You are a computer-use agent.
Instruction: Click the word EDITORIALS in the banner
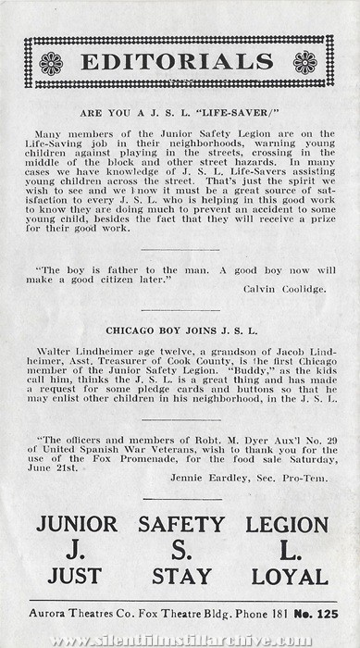point(178,62)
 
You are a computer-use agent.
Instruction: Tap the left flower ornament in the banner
point(51,63)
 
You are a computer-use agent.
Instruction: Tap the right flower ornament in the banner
point(304,63)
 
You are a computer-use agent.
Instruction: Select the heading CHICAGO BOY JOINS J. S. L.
point(180,330)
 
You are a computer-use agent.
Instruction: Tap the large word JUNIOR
point(77,523)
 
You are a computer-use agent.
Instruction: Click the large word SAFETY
point(181,523)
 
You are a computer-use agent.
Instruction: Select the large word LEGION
point(286,523)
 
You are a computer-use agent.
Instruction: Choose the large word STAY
point(181,577)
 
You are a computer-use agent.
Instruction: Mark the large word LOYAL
point(287,577)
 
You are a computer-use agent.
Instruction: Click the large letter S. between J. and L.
point(181,550)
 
